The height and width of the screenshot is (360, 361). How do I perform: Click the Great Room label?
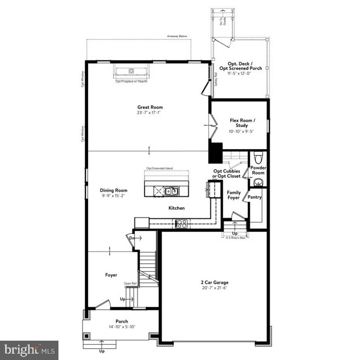[x=150, y=107]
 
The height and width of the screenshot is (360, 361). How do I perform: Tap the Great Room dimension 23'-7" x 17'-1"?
[x=150, y=112]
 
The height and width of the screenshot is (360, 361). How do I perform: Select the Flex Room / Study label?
[x=243, y=123]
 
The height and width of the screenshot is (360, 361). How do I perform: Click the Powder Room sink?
[x=258, y=182]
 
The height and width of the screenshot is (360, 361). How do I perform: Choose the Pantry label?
[x=255, y=197]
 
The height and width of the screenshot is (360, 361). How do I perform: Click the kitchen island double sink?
[x=172, y=191]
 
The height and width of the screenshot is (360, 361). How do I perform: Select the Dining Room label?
[x=113, y=190]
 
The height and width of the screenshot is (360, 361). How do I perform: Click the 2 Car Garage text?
[x=214, y=282]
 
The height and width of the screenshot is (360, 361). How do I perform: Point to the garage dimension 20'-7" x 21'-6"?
[x=214, y=288]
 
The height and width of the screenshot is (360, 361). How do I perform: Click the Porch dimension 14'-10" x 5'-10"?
[x=122, y=327]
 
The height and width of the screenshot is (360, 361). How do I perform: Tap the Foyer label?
[x=111, y=275]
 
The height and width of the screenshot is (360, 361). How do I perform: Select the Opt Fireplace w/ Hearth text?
[x=131, y=81]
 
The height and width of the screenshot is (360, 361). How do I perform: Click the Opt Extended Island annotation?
[x=160, y=169]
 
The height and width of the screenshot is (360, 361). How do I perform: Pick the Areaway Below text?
[x=177, y=36]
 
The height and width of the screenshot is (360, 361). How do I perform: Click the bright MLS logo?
[x=29, y=350]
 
